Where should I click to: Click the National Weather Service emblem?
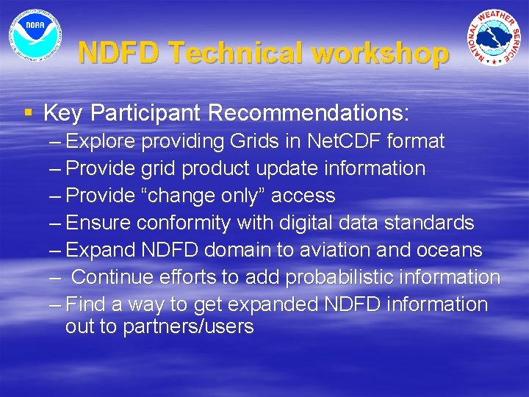point(495,37)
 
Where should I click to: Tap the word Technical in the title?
point(234,54)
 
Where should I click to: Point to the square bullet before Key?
point(28,113)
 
